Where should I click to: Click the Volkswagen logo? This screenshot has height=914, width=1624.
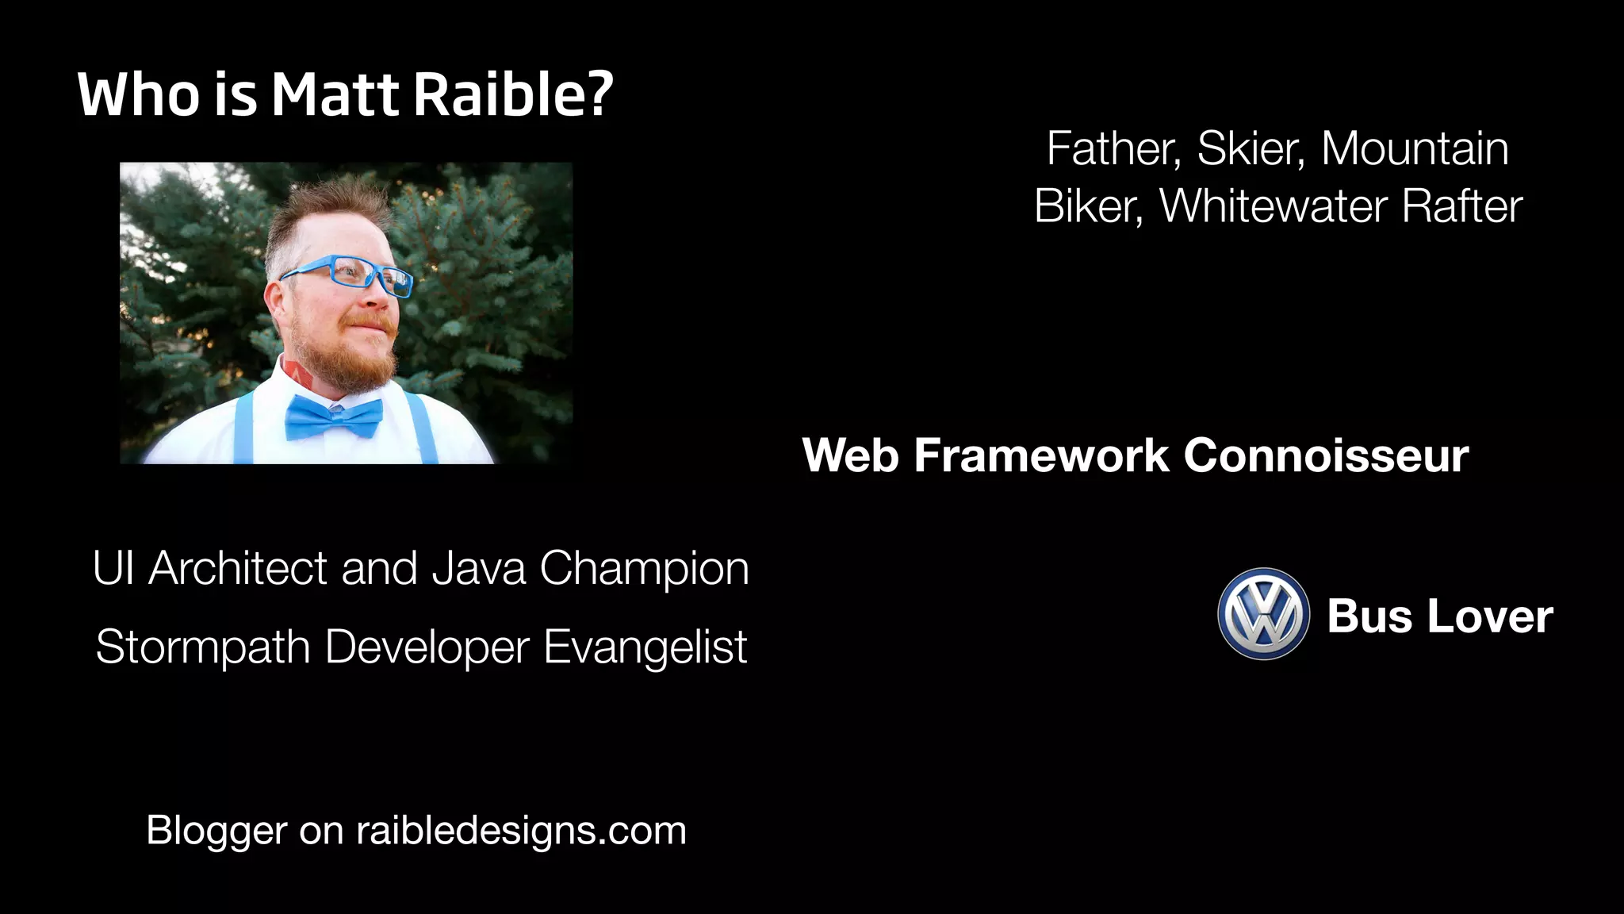coord(1263,614)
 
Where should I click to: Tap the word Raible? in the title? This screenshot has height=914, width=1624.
coord(513,95)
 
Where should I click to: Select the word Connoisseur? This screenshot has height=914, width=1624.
coord(1326,456)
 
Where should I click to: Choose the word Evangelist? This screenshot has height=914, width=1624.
coord(645,647)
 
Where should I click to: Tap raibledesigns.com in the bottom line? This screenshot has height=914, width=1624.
coord(521,831)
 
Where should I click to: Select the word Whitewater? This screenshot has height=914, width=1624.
coord(1274,206)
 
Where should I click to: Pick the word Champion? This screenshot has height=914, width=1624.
coord(644,568)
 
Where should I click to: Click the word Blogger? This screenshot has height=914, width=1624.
coord(216,831)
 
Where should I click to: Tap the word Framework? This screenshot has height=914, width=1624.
coord(1041,456)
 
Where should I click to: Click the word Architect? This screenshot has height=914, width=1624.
coord(238,568)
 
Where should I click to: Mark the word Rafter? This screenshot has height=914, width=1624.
coord(1461,206)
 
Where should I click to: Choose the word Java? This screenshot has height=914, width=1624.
coord(478,568)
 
